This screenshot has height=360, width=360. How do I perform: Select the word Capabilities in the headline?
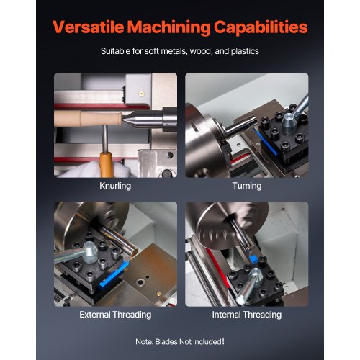pos(258,28)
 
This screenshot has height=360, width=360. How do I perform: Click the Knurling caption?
pos(114,186)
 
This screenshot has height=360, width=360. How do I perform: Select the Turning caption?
pos(246,186)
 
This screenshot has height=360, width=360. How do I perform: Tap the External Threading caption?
pos(115,315)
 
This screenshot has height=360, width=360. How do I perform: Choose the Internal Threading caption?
pos(246,315)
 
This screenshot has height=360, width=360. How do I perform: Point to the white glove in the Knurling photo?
pos(83,169)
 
